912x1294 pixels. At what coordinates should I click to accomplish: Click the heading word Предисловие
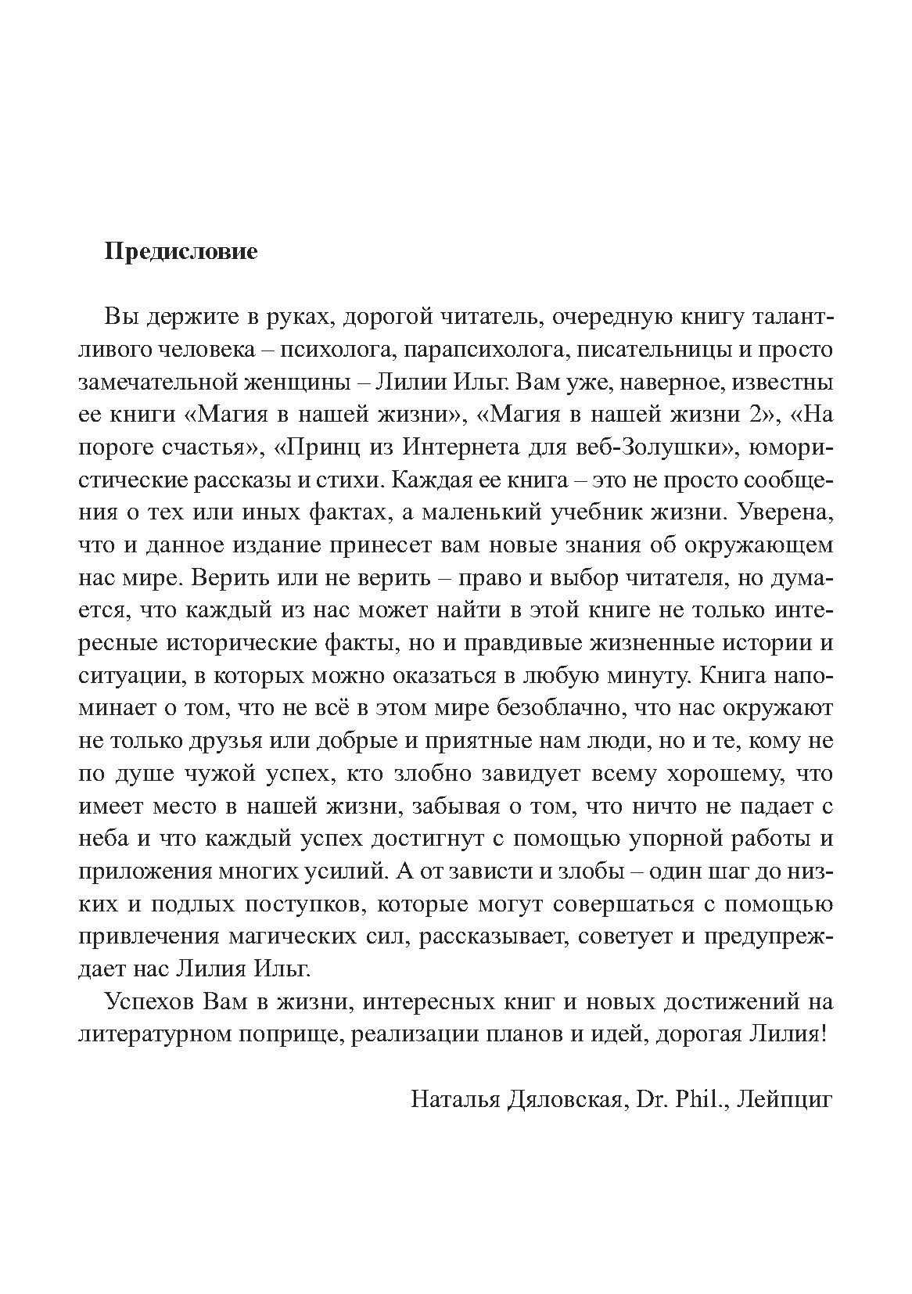[x=181, y=253]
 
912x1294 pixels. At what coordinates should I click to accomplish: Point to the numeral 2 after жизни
[x=756, y=416]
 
